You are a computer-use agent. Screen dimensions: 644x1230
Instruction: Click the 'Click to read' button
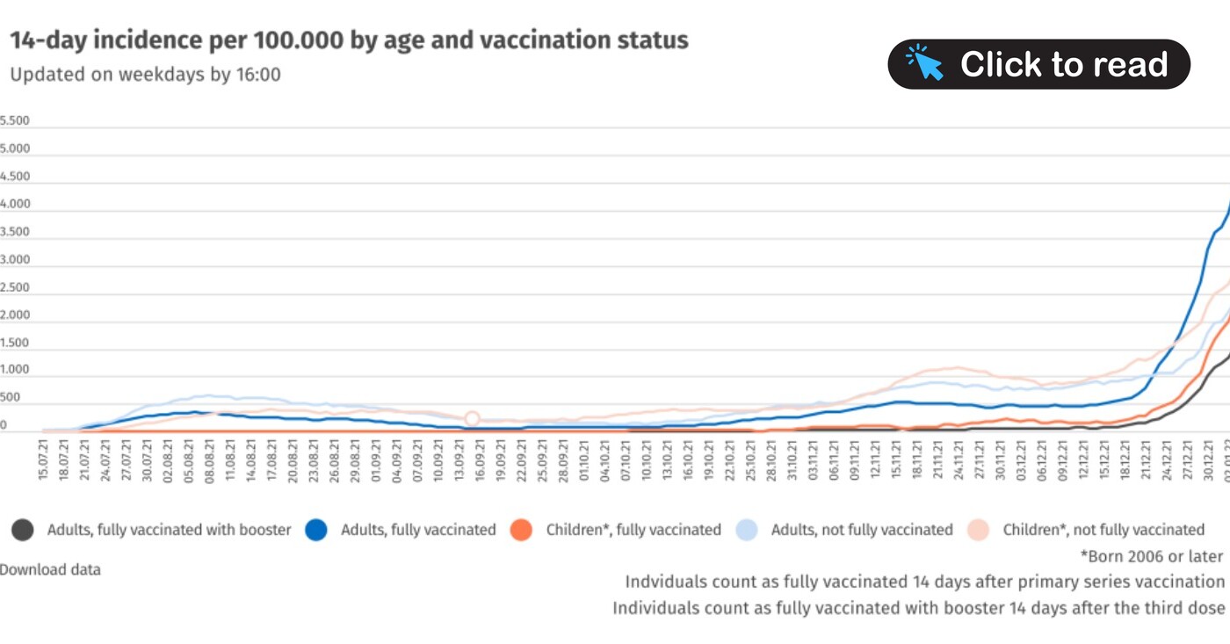[1038, 64]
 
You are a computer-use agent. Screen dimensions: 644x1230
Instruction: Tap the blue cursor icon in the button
[924, 63]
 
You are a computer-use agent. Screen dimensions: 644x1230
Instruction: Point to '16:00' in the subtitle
[258, 75]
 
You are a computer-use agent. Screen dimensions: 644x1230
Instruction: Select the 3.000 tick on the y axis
[15, 260]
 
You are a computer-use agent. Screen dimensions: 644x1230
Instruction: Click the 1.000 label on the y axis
[15, 371]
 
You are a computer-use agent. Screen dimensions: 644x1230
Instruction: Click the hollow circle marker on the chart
[472, 419]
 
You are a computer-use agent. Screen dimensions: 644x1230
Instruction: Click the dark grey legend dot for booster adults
[23, 530]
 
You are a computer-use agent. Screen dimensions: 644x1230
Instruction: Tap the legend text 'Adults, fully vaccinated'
[418, 530]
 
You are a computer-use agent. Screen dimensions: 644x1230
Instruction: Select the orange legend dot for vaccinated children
[522, 530]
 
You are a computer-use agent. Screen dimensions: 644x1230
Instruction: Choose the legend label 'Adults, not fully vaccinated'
[861, 530]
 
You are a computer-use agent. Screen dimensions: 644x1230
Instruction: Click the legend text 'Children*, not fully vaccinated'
[1103, 530]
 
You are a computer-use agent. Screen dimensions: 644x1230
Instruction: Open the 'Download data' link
[50, 569]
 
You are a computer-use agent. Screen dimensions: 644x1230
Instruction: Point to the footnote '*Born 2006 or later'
[1151, 556]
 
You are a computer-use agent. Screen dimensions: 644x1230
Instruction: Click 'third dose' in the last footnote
[1188, 608]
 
